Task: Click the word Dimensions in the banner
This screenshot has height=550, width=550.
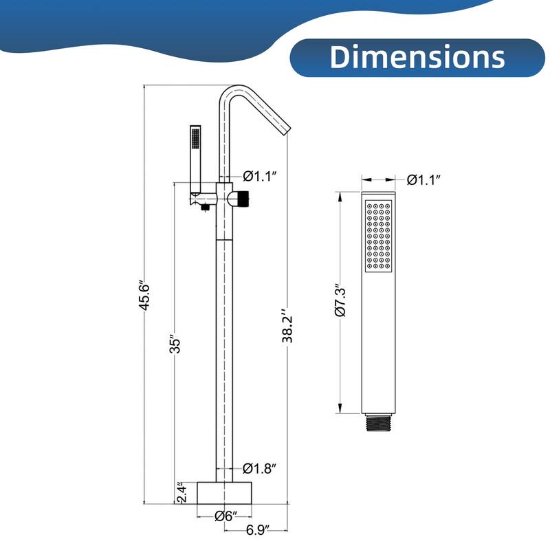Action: tap(417, 57)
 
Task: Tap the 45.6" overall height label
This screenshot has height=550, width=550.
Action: tap(144, 296)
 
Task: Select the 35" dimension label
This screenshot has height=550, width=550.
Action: tap(176, 344)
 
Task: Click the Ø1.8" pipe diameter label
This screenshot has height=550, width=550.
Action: tap(260, 469)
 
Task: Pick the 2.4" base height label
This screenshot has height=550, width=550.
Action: tap(179, 492)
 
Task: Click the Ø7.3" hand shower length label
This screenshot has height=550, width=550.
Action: tap(340, 302)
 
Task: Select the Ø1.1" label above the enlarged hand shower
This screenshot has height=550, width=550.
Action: tap(423, 180)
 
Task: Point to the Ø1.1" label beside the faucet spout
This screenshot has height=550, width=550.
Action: tap(260, 176)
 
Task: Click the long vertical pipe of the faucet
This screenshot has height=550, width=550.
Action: tap(225, 344)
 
